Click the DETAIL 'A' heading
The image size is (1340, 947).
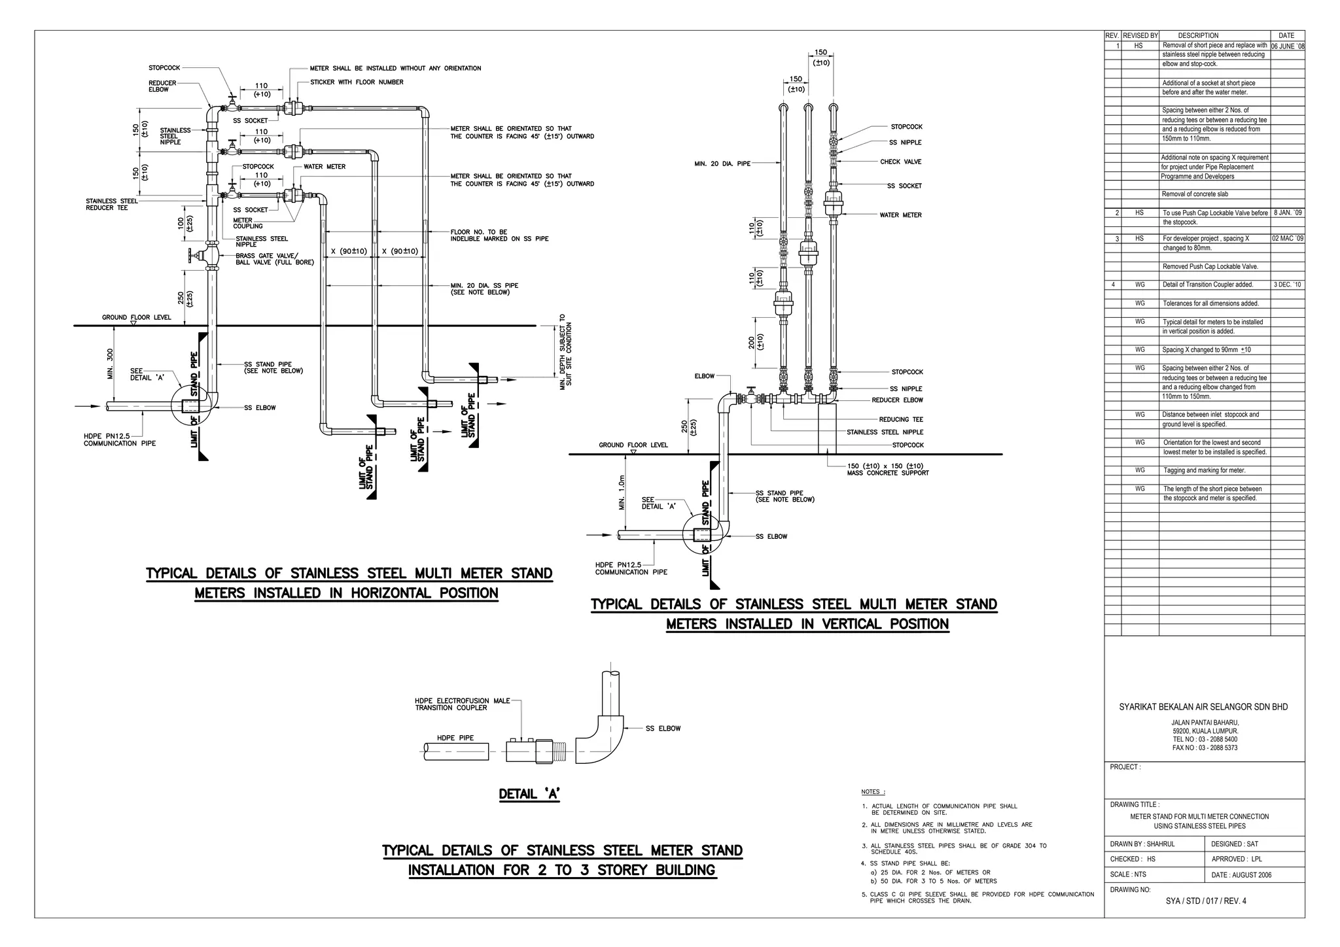[x=529, y=794]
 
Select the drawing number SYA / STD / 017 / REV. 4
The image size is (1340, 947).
[x=1206, y=901]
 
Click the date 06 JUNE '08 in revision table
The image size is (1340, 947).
[x=1287, y=46]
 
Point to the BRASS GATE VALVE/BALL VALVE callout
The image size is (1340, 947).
[x=275, y=259]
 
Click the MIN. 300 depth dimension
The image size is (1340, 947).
[x=111, y=364]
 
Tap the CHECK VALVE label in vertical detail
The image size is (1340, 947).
[x=900, y=162]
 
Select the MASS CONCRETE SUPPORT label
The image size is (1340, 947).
[x=888, y=473]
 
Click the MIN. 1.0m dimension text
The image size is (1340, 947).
[x=622, y=492]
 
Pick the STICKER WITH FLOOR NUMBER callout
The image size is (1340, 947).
[x=357, y=82]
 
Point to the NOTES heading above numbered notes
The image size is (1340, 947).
[x=873, y=792]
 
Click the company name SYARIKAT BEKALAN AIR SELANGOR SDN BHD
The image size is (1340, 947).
[x=1203, y=707]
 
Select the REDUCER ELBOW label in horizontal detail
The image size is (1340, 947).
[x=162, y=86]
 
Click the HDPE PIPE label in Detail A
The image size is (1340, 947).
[x=455, y=738]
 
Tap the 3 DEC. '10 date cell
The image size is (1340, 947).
[x=1287, y=284]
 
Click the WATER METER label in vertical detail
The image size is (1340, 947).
[x=900, y=215]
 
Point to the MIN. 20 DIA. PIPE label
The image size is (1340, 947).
[x=722, y=164]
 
